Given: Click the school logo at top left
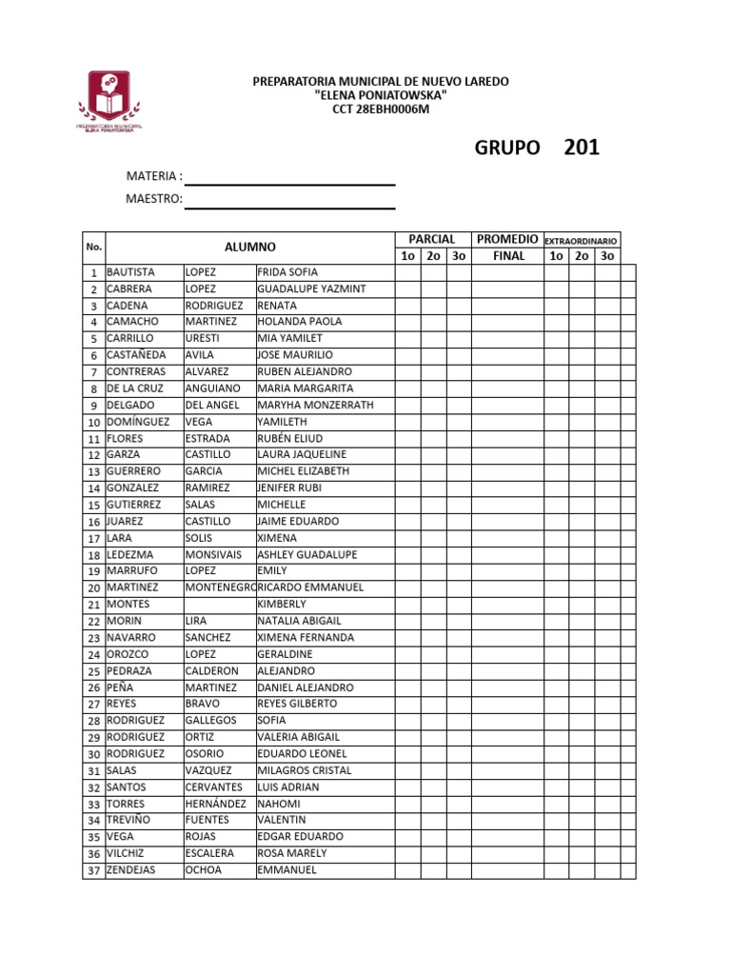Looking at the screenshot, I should [x=109, y=101].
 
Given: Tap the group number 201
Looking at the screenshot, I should [x=582, y=148].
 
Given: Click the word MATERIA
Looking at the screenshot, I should [x=152, y=176].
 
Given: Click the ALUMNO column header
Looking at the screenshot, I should [x=250, y=247].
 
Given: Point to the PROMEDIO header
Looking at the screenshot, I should [x=508, y=239].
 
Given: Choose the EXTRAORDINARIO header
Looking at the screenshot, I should [x=581, y=241].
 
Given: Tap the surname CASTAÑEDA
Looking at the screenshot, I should [x=136, y=355].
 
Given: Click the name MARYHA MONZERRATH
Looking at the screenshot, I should [x=316, y=405].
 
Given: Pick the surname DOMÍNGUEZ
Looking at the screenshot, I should [x=138, y=421].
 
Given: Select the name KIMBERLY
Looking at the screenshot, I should [x=282, y=604].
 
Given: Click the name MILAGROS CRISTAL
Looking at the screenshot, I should [x=305, y=770].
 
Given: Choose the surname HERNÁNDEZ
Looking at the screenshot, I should [x=216, y=804].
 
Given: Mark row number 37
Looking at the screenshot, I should [x=94, y=870].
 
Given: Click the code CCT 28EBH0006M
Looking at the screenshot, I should [x=381, y=109].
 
